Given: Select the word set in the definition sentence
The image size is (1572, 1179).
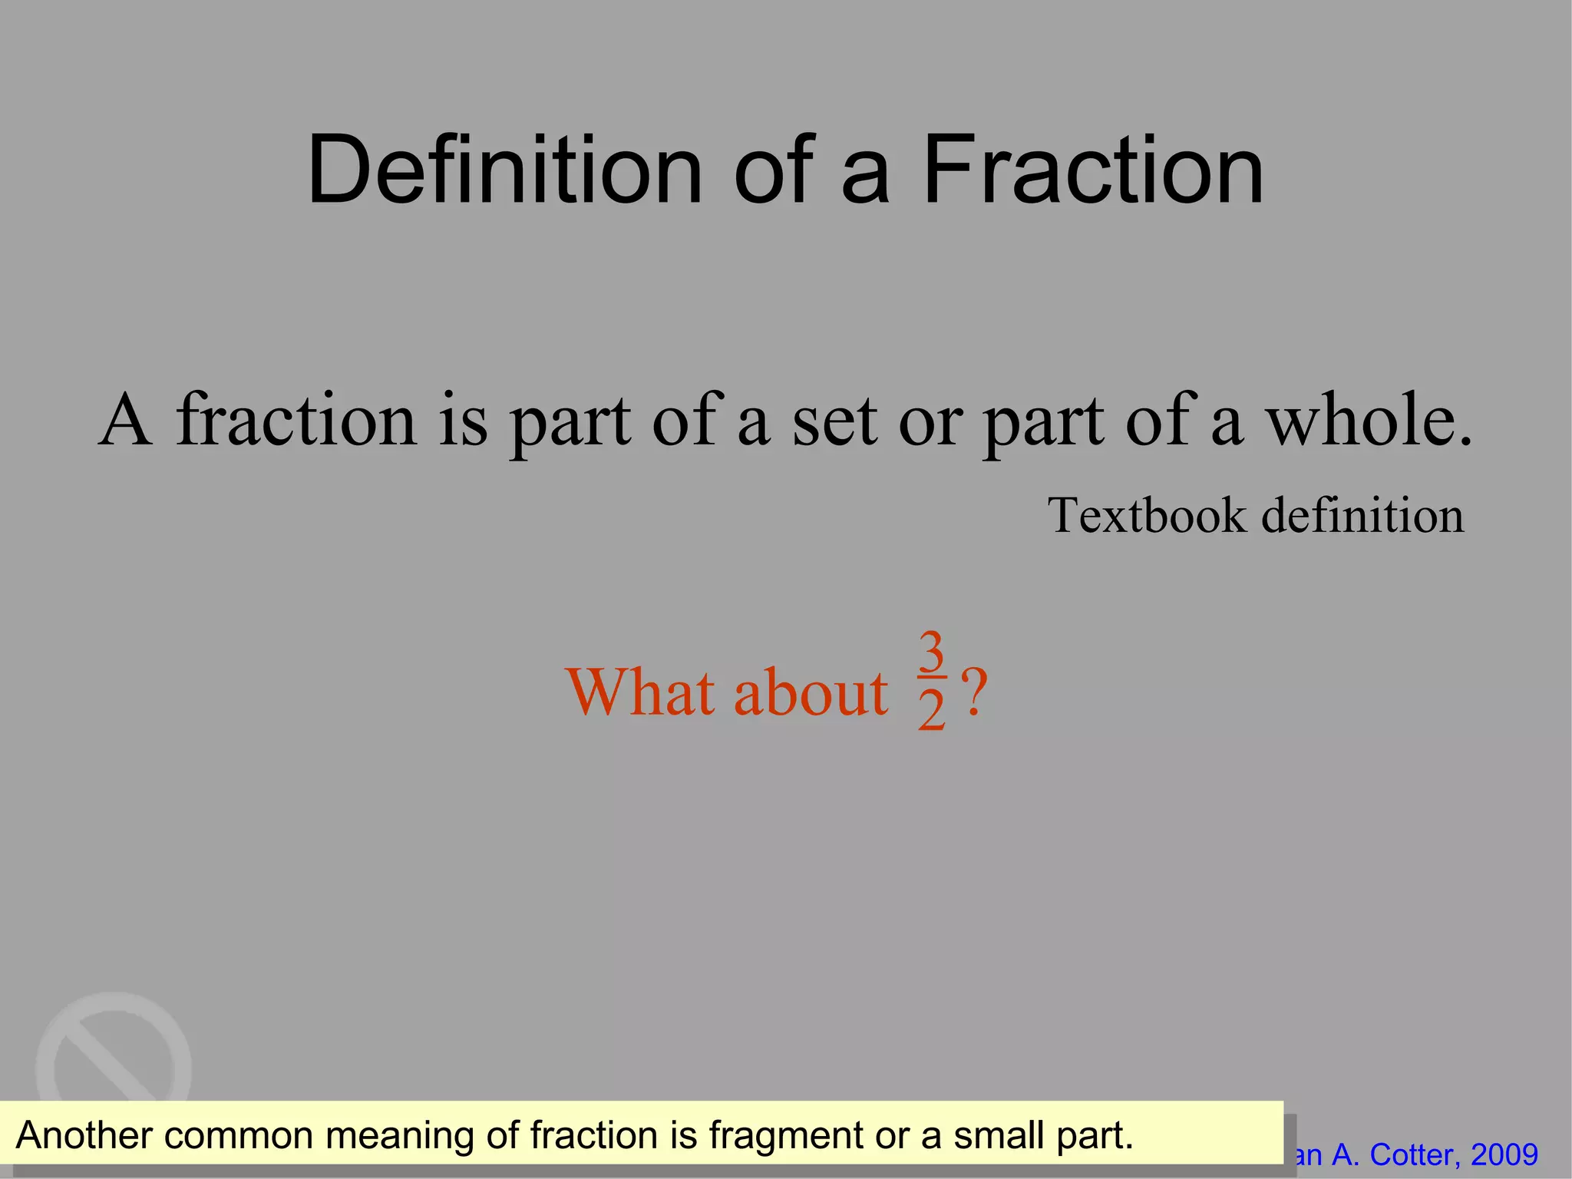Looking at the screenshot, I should click(834, 421).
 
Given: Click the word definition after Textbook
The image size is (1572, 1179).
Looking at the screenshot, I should click(1362, 515).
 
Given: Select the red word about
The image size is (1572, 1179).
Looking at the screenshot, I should click(811, 693).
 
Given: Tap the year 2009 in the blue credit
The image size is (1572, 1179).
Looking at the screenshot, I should click(1504, 1154).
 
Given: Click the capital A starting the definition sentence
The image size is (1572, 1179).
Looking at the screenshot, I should click(124, 421).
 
